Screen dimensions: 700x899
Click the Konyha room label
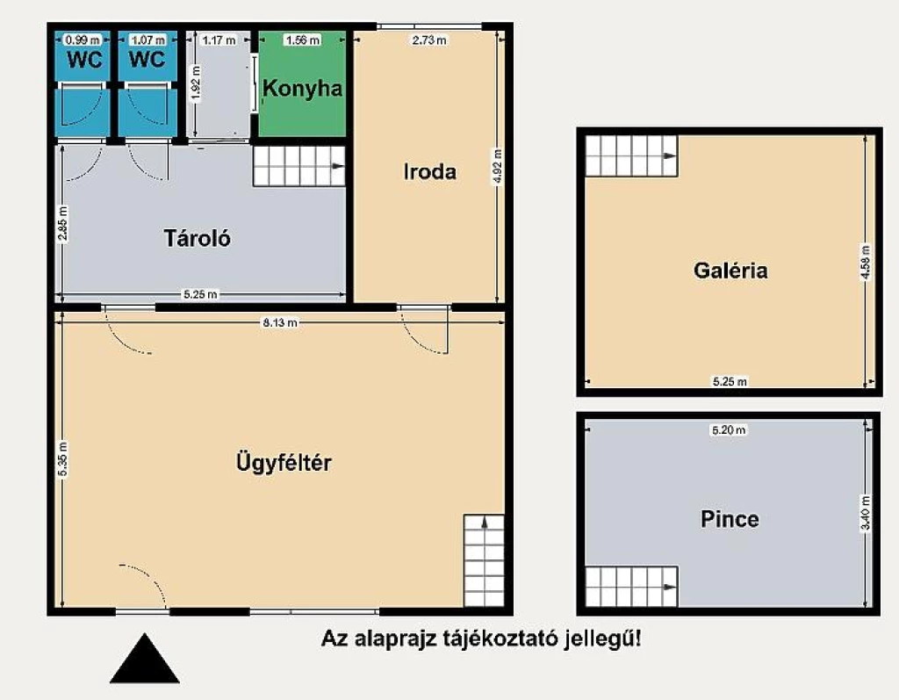click(x=303, y=89)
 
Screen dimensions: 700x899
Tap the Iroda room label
click(x=429, y=171)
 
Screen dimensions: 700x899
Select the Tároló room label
click(x=198, y=237)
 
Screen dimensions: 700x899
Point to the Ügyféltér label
click(x=284, y=462)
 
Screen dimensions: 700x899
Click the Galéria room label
click(x=730, y=271)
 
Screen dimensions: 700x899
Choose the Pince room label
click(x=730, y=519)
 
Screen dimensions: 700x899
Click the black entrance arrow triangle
click(x=144, y=660)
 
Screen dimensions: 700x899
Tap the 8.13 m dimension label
click(x=280, y=322)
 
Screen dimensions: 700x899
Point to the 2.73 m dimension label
click(x=429, y=40)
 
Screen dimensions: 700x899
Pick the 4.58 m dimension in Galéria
click(x=867, y=262)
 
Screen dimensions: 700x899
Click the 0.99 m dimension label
click(x=83, y=40)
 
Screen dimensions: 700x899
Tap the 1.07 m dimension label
click(x=147, y=40)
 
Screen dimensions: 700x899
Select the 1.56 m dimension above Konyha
click(x=303, y=40)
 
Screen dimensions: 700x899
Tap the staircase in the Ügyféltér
click(x=485, y=559)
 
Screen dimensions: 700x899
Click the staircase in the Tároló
click(x=299, y=166)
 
